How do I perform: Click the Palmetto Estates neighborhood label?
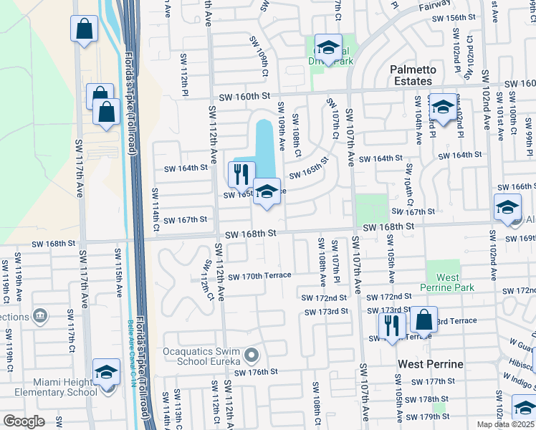tap(413, 76)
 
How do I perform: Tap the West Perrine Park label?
tap(448, 282)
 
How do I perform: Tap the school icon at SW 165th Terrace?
tap(267, 192)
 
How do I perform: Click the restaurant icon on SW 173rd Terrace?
tap(391, 325)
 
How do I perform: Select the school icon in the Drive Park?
tap(328, 48)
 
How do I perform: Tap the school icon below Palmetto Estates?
tap(443, 107)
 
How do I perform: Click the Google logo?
tap(24, 421)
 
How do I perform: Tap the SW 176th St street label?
tap(249, 372)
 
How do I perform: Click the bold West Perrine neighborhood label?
tap(431, 364)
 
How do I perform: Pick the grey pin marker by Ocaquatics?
tap(252, 355)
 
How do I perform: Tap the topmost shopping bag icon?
tap(84, 29)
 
